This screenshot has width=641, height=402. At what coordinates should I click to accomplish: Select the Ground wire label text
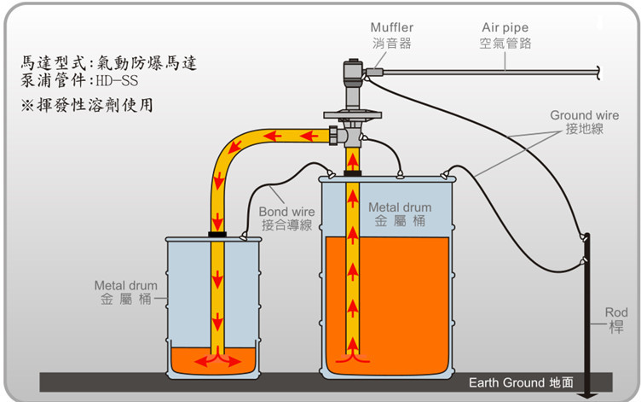(x=584, y=115)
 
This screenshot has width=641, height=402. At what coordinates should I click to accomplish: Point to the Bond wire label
(x=286, y=212)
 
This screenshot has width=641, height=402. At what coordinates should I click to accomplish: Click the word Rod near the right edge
(x=615, y=312)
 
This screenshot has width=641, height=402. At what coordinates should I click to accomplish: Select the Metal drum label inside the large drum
(x=399, y=207)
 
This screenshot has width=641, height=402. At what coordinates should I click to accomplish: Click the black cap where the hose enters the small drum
(x=217, y=234)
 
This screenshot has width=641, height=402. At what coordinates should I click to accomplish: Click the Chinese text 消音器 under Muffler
(x=391, y=43)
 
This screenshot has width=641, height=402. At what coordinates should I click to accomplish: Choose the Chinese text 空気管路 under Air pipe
(x=505, y=43)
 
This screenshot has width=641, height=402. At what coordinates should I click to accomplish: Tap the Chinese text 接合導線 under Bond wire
(x=286, y=225)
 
